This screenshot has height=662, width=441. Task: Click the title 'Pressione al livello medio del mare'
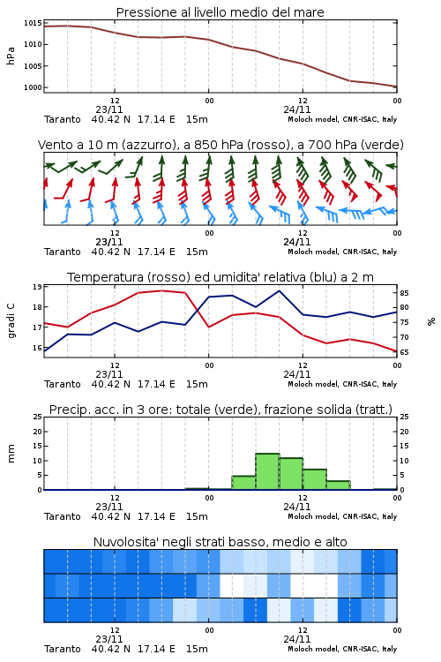[220, 12]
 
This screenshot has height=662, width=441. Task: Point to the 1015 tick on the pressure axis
[33, 23]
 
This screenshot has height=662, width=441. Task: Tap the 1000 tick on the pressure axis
[33, 87]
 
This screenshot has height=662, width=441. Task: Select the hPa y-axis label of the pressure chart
[11, 56]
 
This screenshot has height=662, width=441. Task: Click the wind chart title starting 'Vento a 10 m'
[220, 145]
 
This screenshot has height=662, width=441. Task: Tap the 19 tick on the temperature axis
[37, 287]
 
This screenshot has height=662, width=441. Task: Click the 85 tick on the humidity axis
[404, 293]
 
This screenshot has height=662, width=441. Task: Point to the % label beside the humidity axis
[431, 321]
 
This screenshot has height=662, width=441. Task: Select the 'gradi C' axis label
[11, 321]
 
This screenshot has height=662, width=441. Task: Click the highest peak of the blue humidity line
[279, 291]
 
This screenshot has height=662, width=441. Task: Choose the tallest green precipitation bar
[267, 471]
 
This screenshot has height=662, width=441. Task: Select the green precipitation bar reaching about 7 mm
[314, 479]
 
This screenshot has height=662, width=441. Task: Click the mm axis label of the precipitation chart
[11, 454]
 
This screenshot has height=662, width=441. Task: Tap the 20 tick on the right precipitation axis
[404, 432]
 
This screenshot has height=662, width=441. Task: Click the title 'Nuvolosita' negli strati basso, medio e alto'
[220, 542]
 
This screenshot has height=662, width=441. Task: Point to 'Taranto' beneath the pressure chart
[63, 119]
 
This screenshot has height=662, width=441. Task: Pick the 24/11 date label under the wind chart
[297, 242]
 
